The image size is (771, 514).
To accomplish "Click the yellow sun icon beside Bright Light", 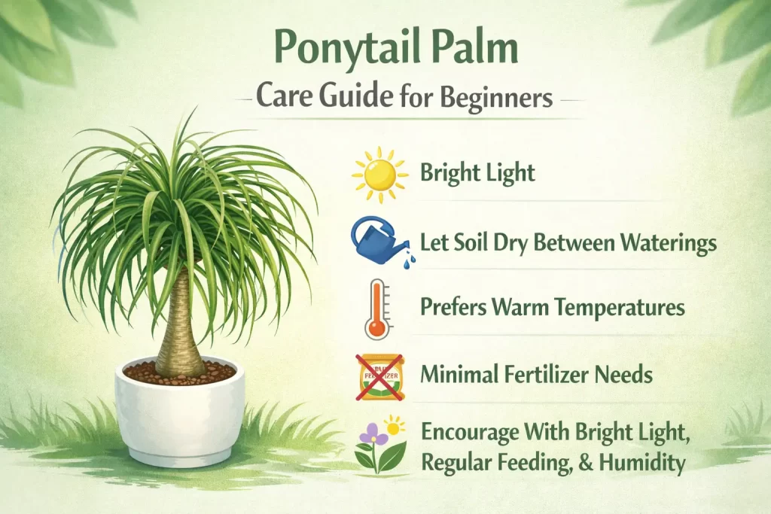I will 380,175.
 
